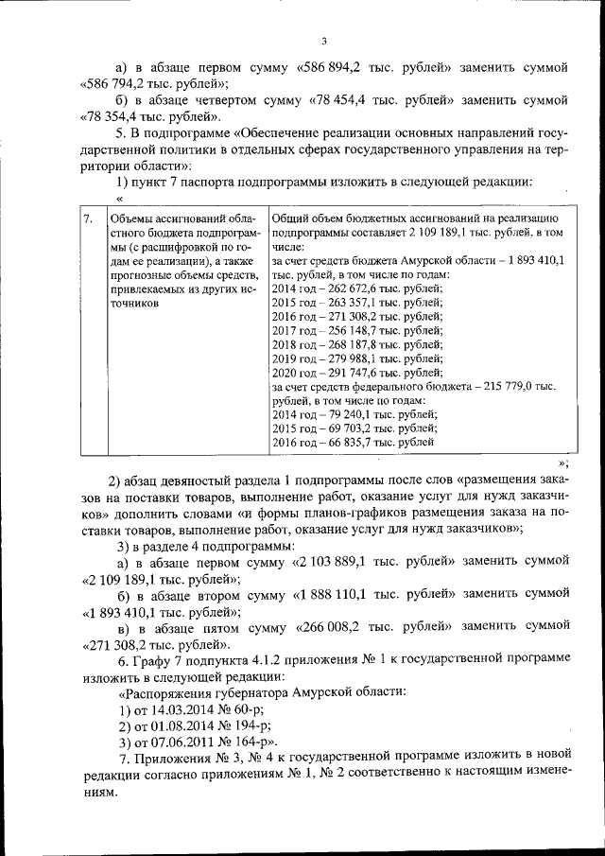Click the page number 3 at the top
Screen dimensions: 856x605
pos(323,41)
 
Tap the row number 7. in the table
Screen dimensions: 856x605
pos(87,219)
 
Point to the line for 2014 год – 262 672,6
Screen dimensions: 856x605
pos(356,289)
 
